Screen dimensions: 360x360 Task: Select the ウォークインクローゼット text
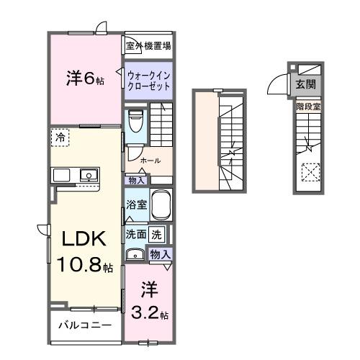148,80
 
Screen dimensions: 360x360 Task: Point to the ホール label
150,160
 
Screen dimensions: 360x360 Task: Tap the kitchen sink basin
89,175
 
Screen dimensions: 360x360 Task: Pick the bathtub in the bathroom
162,205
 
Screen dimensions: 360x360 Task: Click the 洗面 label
136,233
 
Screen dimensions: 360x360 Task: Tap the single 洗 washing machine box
158,233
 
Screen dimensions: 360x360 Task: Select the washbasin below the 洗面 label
134,253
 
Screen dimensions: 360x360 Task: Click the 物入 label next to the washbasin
160,253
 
